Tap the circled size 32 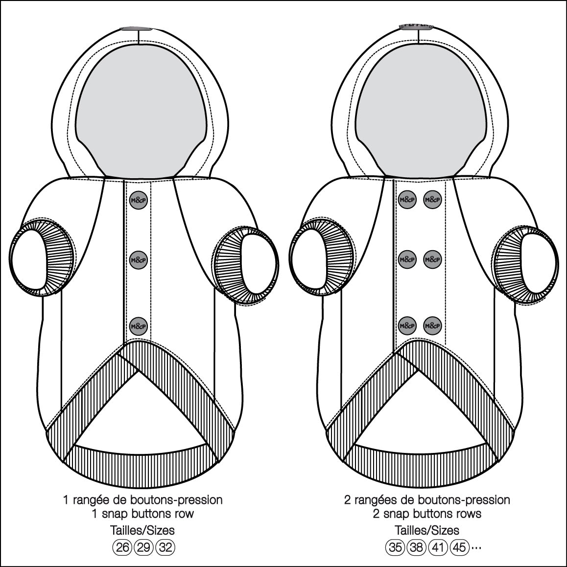[x=166, y=547]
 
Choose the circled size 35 [x=395, y=547]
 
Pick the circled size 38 [x=417, y=547]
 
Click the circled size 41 [x=438, y=547]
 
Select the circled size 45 [x=459, y=547]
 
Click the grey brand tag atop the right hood [x=417, y=25]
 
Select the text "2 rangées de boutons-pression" [x=426, y=500]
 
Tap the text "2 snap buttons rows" [x=426, y=514]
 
